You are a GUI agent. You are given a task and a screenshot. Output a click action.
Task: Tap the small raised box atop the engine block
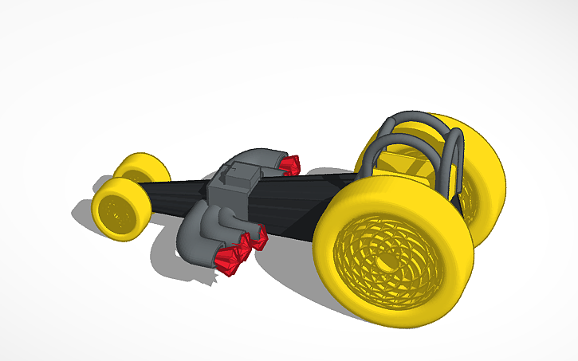point(242,174)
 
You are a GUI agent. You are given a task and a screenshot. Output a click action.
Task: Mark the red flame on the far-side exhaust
point(289,164)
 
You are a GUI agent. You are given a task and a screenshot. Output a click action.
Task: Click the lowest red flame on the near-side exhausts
point(230,261)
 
